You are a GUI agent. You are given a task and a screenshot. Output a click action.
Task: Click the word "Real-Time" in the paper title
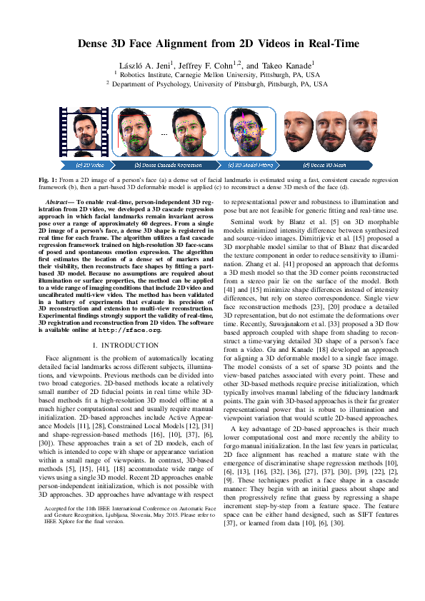click(x=333, y=44)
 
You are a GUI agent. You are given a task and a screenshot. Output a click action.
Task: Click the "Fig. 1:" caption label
click(x=45, y=179)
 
